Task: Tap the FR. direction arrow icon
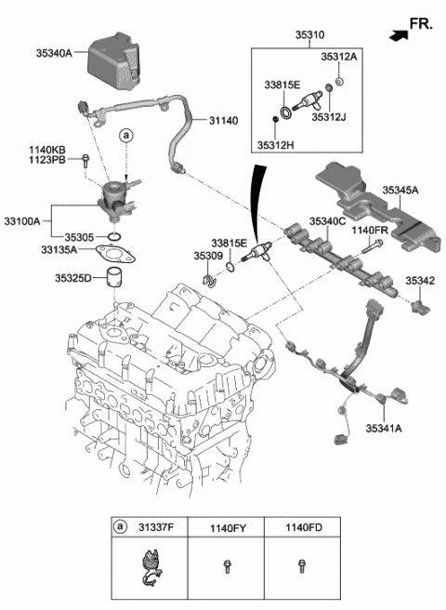point(398,34)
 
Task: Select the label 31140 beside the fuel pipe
point(226,119)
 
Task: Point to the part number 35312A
point(339,57)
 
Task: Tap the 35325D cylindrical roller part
point(113,278)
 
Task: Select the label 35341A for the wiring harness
point(383,429)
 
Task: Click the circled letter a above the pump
point(125,137)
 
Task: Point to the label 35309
point(207,254)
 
